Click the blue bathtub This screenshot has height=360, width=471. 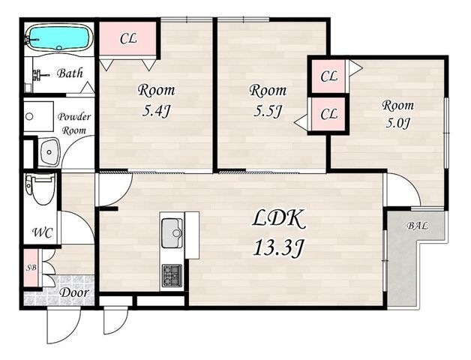pos(58,38)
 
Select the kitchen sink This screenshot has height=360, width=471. pos(172,233)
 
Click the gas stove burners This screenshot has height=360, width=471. pos(172,275)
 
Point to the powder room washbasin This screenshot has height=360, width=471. pos(49,152)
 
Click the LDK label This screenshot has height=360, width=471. pos(277,219)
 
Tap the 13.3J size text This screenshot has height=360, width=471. pos(277,248)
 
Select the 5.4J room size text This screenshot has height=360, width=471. pos(156,112)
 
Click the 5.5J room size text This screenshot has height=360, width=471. pos(268,112)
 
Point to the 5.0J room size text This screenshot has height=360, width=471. pos(398,123)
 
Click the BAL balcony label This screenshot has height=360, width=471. pos(417,226)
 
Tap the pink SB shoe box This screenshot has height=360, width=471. pos(31,268)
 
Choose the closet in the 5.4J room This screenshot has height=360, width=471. pos(127,38)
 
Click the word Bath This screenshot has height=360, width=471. pos(70,73)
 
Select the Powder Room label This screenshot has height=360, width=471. pos(74,124)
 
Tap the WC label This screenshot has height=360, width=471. pos(42,232)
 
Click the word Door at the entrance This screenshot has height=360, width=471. pos(74,292)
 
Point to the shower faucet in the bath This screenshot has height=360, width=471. pos(40,74)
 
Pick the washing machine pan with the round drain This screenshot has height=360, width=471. pos(39,116)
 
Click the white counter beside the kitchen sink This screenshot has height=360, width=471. pos(192,235)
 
